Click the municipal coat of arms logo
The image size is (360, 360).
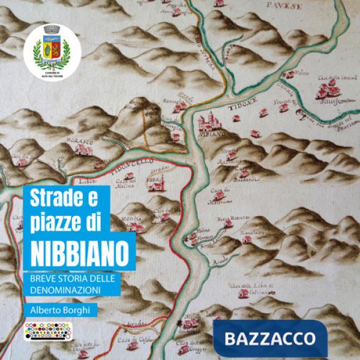(47, 49)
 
